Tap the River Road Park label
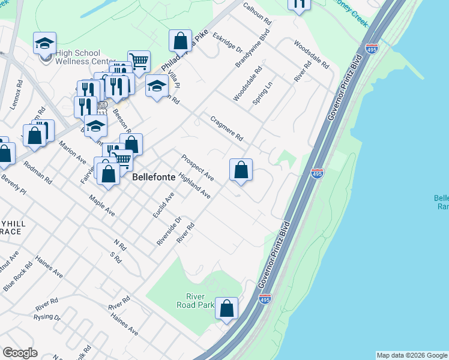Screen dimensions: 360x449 tap(198, 301)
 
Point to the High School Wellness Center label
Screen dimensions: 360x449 tap(85, 57)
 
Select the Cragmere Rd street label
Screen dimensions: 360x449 tap(226, 128)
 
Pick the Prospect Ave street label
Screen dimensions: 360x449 tap(197, 167)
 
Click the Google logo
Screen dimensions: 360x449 tap(20, 353)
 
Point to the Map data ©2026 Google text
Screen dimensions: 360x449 tap(411, 355)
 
